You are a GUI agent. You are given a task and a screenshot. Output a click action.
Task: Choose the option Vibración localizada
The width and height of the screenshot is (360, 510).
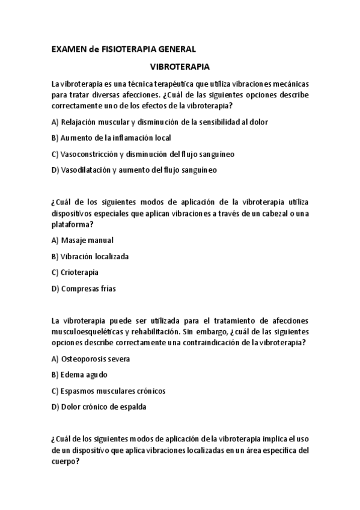click(x=90, y=256)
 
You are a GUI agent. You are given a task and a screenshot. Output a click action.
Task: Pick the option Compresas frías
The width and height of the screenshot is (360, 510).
click(x=84, y=289)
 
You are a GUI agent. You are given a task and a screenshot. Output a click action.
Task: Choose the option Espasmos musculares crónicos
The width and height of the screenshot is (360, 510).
click(x=109, y=391)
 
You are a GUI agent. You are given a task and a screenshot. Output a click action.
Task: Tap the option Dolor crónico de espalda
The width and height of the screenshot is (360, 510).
click(x=99, y=407)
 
